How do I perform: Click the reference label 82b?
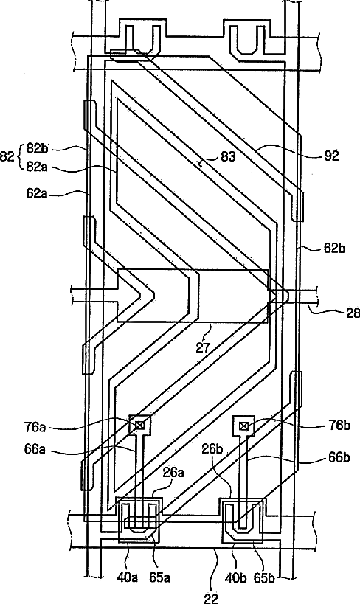tap(37, 148)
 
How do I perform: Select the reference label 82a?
tap(37, 167)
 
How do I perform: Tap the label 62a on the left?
tap(37, 193)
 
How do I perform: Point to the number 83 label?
tap(228, 157)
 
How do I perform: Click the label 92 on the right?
tap(331, 156)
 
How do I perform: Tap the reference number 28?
tap(353, 313)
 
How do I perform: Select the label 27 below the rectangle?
tap(203, 348)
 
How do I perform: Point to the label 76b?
tap(339, 426)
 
